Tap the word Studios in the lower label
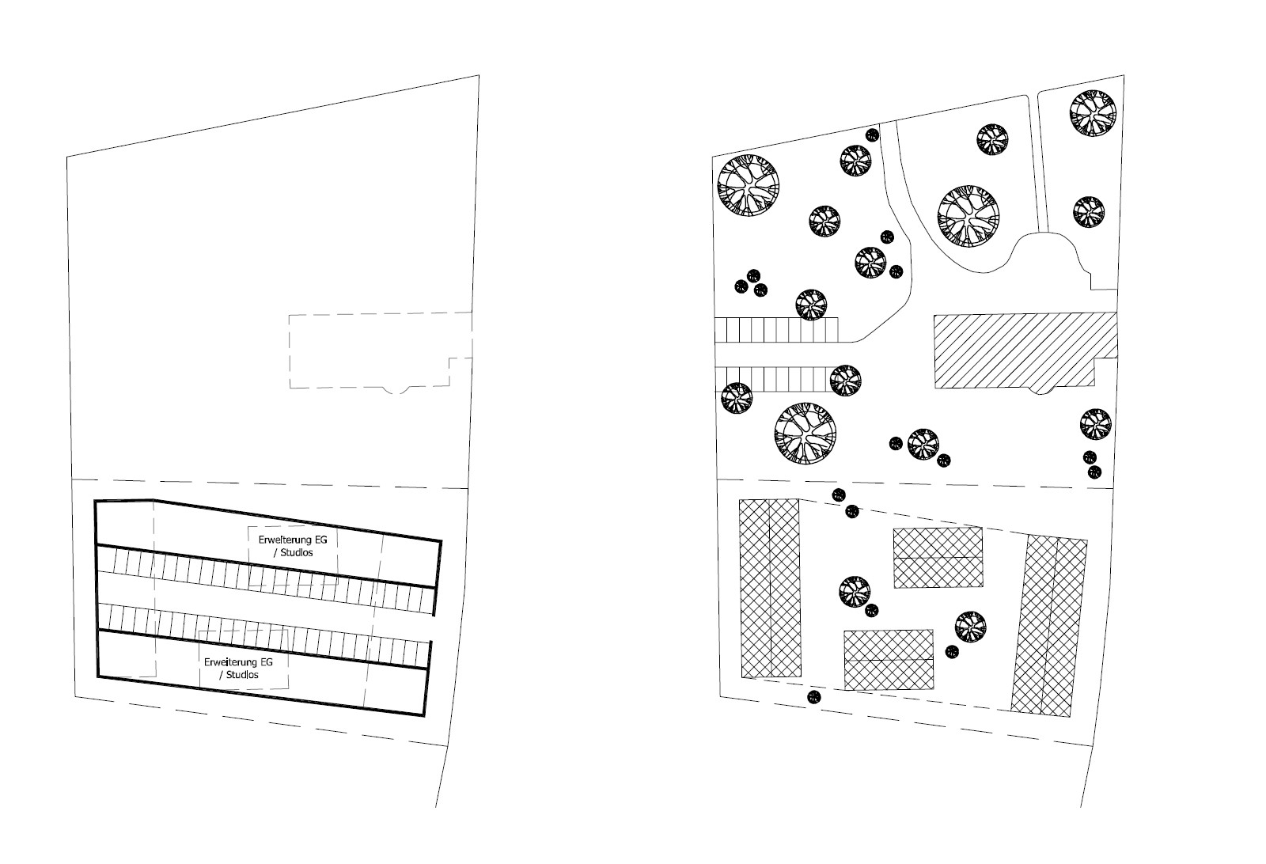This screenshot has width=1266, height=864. point(242,675)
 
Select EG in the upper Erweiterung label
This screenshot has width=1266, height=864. point(320,540)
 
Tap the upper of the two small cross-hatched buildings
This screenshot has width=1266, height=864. point(938,558)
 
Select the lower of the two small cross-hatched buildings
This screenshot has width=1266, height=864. point(889,660)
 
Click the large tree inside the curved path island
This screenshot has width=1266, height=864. point(968,216)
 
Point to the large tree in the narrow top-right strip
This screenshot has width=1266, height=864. point(1093,113)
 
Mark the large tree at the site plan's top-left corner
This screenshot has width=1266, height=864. point(749,185)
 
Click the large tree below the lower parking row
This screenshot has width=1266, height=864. point(805,434)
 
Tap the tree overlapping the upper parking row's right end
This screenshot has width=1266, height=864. point(811,305)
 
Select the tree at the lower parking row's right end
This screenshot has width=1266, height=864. point(846,381)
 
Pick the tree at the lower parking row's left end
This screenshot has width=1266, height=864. point(737,399)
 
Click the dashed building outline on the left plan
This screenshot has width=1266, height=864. point(381,351)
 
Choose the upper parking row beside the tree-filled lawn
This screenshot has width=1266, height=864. point(776,330)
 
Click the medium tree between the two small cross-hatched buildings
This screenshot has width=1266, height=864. point(855,592)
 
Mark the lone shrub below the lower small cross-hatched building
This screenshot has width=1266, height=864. point(814,697)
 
